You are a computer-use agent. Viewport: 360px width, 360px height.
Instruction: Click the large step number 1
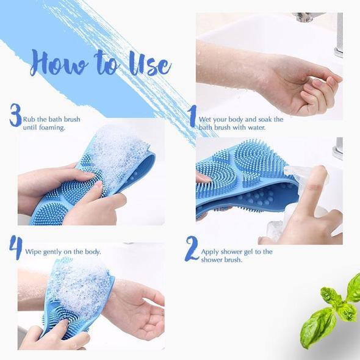click(x=192, y=115)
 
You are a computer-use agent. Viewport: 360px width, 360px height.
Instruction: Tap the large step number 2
click(x=192, y=249)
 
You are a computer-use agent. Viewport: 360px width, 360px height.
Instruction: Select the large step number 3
click(x=15, y=116)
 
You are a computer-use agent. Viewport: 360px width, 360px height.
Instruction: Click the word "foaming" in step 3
click(x=51, y=128)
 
